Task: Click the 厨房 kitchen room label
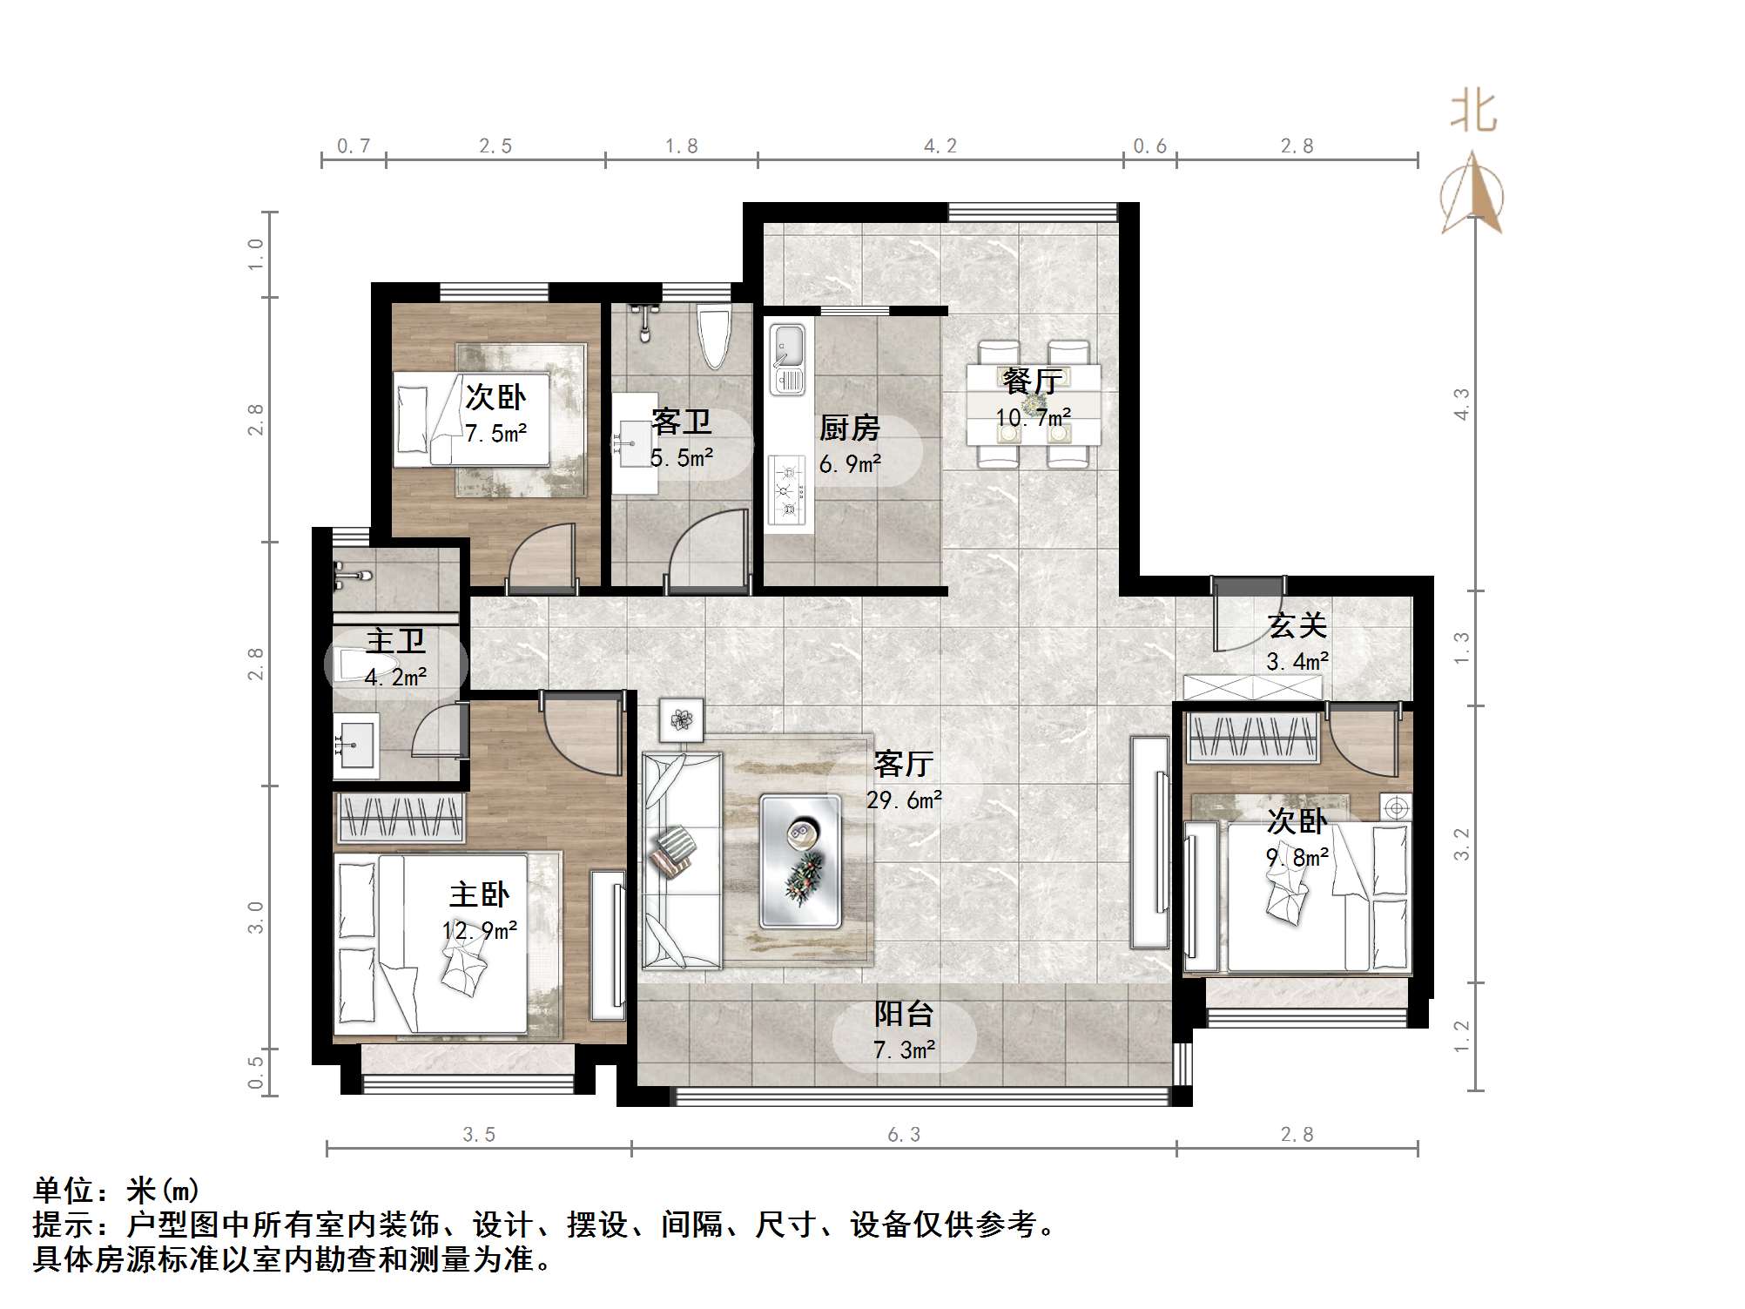pos(849,428)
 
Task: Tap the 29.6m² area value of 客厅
pos(904,800)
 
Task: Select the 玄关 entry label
pos(1297,625)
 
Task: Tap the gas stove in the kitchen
pos(789,490)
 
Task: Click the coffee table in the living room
pos(800,860)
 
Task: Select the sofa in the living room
pos(682,860)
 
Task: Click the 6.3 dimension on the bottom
pos(904,1134)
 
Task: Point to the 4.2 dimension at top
pos(940,145)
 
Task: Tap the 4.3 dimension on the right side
pos(1462,404)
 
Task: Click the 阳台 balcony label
pos(904,1013)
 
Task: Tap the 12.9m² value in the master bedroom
pos(480,930)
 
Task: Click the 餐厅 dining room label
pos(1033,381)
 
